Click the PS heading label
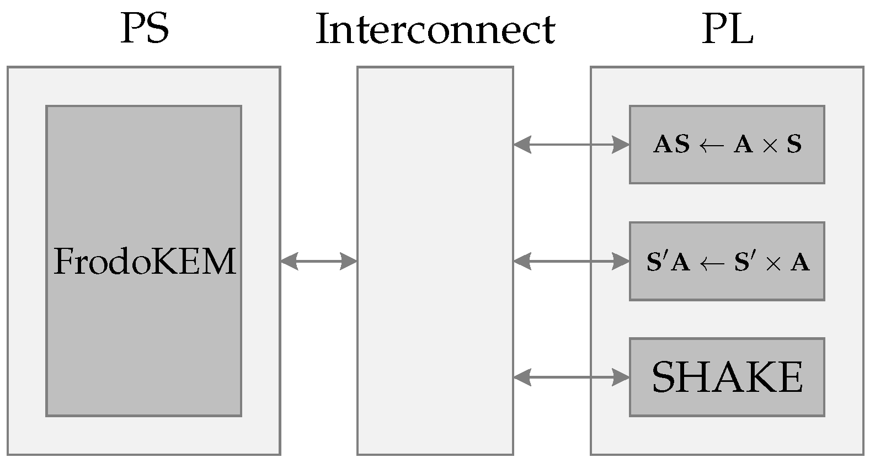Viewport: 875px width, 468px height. point(145,29)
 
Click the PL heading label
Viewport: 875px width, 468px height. point(727,29)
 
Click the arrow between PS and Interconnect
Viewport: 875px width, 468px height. point(319,261)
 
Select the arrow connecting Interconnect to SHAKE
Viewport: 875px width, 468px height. point(571,377)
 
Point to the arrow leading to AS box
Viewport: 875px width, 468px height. point(571,145)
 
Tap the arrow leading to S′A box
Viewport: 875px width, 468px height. point(571,261)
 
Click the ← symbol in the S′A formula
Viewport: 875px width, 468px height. point(712,263)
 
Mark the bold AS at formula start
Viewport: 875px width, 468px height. point(671,145)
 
